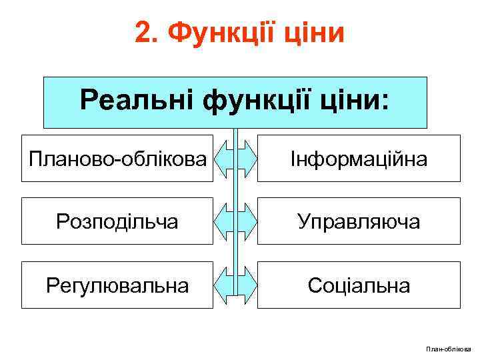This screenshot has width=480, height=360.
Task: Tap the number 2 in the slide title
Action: pos(143,32)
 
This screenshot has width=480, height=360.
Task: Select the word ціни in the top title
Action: pos(313,32)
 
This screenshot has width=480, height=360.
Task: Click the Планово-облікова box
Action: pos(117,159)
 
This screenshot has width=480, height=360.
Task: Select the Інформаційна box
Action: pos(359,159)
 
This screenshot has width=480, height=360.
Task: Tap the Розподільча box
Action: pos(117,221)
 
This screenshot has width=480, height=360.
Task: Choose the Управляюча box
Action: pos(359,221)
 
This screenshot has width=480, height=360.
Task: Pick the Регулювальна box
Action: pos(117,285)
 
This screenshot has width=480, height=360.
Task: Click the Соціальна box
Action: pos(359,285)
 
